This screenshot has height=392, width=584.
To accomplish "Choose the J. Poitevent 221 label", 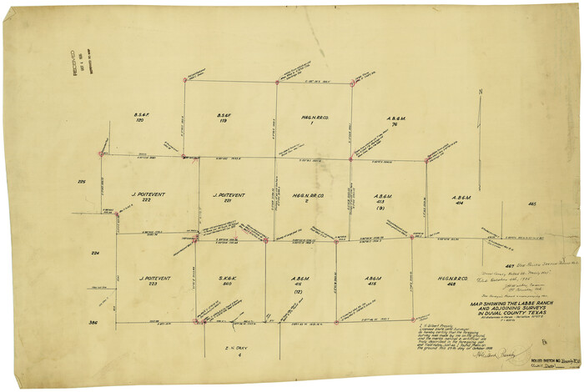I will click(226, 198).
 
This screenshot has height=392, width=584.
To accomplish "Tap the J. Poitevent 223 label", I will click(150, 282).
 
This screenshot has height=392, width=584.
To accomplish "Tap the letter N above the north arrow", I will click(480, 92).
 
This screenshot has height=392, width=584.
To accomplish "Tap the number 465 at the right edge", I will click(531, 204).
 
